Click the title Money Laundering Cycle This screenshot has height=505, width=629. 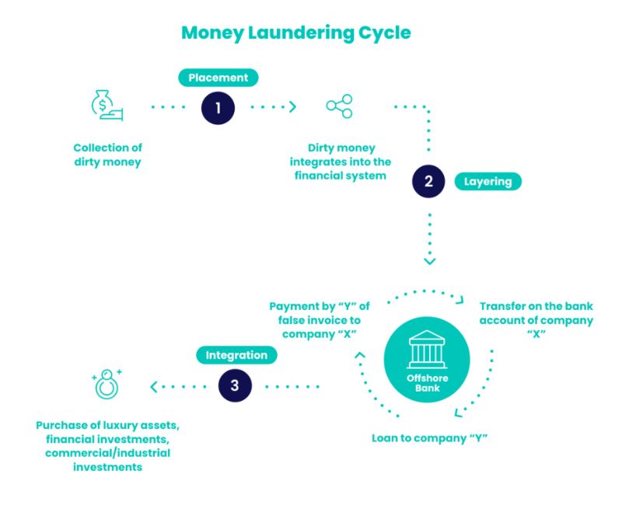pyautogui.click(x=295, y=33)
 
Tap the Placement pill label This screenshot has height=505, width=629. pyautogui.click(x=218, y=78)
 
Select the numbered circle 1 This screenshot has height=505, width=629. pyautogui.click(x=218, y=107)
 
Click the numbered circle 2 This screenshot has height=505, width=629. pyautogui.click(x=428, y=182)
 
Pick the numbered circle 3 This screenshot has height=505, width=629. pyautogui.click(x=236, y=385)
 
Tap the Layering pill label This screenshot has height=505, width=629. pyautogui.click(x=488, y=182)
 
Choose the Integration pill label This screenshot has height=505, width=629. pyautogui.click(x=236, y=355)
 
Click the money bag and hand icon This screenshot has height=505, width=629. pyautogui.click(x=107, y=107)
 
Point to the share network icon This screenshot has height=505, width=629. pyautogui.click(x=339, y=106)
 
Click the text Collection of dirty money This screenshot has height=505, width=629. pyautogui.click(x=108, y=154)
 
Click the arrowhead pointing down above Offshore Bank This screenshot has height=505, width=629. pyautogui.click(x=428, y=261)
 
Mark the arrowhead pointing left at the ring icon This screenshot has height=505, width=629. pyautogui.click(x=153, y=385)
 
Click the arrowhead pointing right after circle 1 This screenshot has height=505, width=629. pyautogui.click(x=293, y=107)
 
